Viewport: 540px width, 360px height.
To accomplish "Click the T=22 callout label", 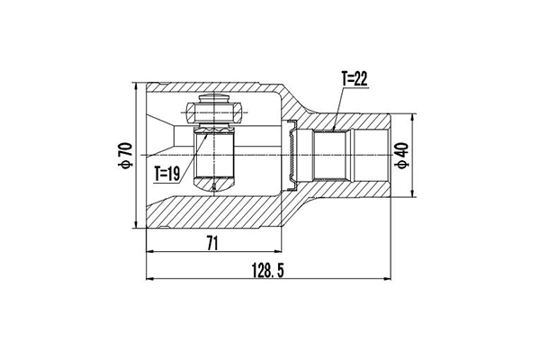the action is click(x=355, y=79).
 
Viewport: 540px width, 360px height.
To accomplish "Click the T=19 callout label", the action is click(x=167, y=174).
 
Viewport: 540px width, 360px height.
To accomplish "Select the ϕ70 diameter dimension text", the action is click(x=125, y=155).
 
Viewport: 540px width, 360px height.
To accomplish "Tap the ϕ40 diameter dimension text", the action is click(x=402, y=155).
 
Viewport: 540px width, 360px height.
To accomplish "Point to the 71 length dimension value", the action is click(x=212, y=244).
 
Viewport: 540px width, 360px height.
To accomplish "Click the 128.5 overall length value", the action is click(x=267, y=270).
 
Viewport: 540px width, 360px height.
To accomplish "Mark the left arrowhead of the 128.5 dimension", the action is click(x=149, y=278).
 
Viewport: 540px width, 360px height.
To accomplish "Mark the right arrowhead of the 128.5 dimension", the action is click(x=388, y=278).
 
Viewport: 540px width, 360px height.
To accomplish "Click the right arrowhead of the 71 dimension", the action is click(x=279, y=251).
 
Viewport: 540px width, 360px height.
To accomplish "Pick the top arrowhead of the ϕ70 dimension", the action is click(x=137, y=85).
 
